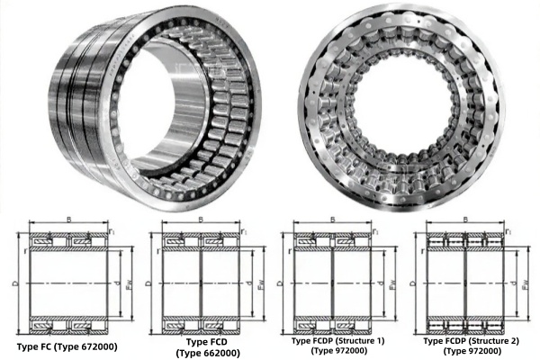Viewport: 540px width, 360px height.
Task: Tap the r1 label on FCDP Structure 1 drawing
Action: tap(375, 232)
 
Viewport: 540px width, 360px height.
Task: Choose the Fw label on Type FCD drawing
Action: tap(261, 288)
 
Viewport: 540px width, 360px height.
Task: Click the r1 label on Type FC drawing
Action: tap(112, 232)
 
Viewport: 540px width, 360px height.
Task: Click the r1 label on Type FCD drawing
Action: tap(244, 232)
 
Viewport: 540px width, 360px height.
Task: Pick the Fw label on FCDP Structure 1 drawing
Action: tap(392, 288)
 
